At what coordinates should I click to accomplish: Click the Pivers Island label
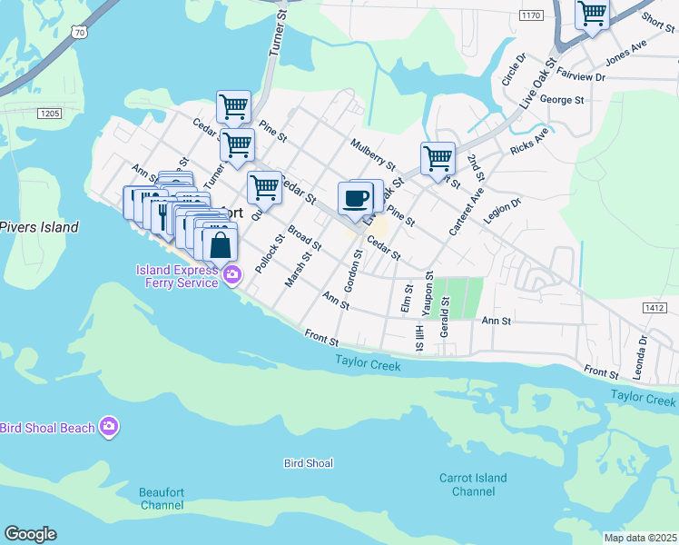(39, 227)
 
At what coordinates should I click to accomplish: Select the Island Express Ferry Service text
(177, 276)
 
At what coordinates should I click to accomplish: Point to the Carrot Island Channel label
(473, 485)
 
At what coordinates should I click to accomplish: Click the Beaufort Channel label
(162, 499)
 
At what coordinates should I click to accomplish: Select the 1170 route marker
(530, 15)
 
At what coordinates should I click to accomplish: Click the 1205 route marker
(50, 113)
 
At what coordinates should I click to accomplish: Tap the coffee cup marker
(356, 198)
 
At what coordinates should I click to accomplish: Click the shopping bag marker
(220, 244)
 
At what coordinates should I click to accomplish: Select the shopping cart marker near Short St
(592, 15)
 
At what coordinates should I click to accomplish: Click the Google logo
(30, 534)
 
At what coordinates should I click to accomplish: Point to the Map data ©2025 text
(640, 538)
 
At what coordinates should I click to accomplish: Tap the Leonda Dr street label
(643, 352)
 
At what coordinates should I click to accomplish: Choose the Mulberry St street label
(372, 154)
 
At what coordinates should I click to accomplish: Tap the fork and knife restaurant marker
(162, 216)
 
